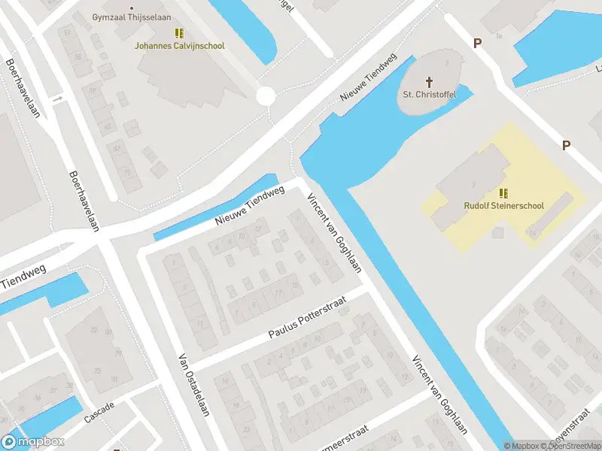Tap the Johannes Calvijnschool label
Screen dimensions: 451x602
[179, 46]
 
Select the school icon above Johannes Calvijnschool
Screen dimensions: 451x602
[179, 33]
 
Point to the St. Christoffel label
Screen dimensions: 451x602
[429, 95]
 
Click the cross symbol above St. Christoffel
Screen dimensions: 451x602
[430, 81]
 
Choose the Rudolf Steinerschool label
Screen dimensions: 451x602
[503, 205]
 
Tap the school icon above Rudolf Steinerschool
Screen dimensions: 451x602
[503, 192]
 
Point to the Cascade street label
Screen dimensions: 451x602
[99, 411]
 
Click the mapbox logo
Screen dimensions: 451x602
[34, 442]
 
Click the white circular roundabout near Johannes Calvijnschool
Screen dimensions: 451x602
[266, 95]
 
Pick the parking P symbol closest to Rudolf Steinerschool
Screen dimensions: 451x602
[566, 146]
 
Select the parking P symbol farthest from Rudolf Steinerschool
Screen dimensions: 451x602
[477, 44]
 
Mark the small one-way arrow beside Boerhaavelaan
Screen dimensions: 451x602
[57, 98]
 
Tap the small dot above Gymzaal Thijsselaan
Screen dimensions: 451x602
[132, 8]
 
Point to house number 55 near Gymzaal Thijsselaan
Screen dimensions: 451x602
[78, 57]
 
